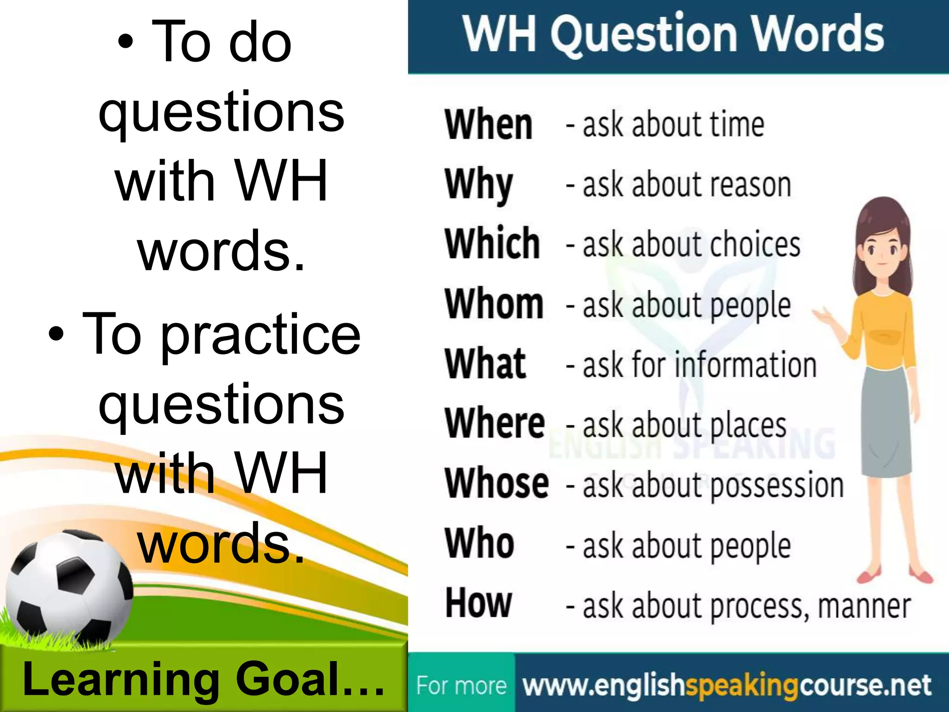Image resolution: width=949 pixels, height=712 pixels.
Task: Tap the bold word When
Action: [488, 125]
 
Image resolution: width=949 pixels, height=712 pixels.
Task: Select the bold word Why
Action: [479, 185]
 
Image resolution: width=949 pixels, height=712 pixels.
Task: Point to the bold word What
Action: [486, 364]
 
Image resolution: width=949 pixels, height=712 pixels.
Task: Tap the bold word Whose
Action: [497, 484]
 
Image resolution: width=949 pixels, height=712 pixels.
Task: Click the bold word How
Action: [479, 604]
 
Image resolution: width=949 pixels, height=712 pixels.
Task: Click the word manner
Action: [864, 606]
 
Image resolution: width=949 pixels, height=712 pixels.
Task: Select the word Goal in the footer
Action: [287, 680]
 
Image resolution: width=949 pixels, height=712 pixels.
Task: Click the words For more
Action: [461, 686]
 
